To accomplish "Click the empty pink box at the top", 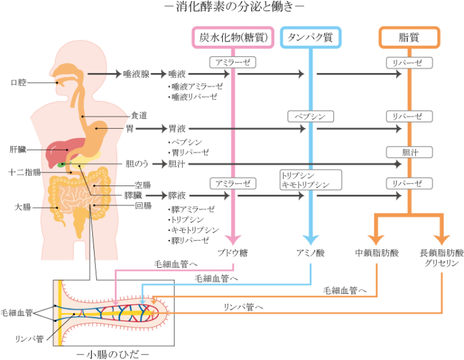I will pos(233,37).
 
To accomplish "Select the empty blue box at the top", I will pos(311,37).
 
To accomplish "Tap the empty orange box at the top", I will pos(410,37).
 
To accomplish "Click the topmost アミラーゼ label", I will pos(233,62).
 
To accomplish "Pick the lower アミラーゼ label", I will pos(233,184).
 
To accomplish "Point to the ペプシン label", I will pos(311,116).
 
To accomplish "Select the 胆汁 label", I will pos(410,152).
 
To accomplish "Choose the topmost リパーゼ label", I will pos(410,62).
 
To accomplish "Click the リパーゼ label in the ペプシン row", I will pos(410,116).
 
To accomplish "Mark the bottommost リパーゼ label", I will pos(410,184).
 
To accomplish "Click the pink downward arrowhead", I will pos(233,240).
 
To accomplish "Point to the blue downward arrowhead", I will pos(311,240).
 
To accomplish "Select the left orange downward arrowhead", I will pos(376,240).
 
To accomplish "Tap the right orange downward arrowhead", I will pos(442,240).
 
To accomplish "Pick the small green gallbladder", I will pos(61,165).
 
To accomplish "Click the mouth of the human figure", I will pos(58,82).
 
